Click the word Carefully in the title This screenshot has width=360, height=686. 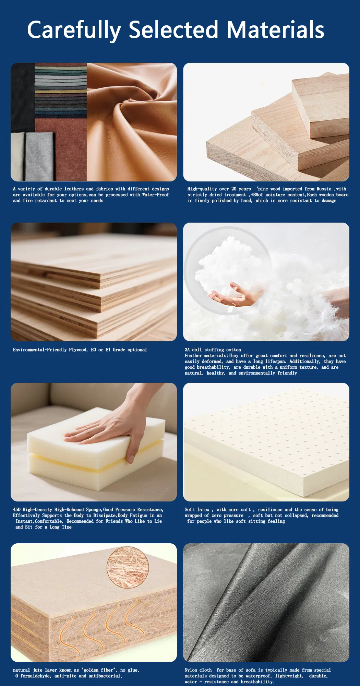click(74, 30)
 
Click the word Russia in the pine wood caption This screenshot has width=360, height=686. click(324, 189)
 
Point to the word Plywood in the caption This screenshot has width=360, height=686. click(78, 350)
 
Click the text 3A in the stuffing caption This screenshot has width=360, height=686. click(187, 350)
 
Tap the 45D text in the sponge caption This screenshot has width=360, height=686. click(17, 510)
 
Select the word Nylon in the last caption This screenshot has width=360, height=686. click(191, 670)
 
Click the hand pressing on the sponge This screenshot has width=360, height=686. click(110, 430)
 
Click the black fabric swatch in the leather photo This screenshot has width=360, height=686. click(23, 98)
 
